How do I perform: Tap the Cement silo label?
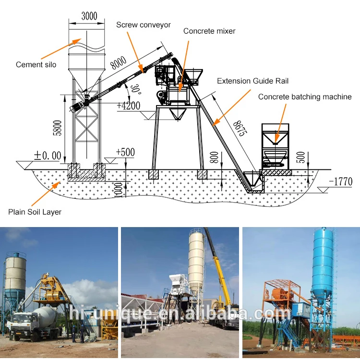[36, 65]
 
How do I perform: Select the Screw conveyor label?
[144, 25]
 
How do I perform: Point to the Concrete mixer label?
[209, 31]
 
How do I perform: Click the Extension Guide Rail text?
[253, 81]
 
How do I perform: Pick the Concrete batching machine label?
[305, 97]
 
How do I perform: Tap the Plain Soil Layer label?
[35, 211]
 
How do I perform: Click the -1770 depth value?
[340, 181]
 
